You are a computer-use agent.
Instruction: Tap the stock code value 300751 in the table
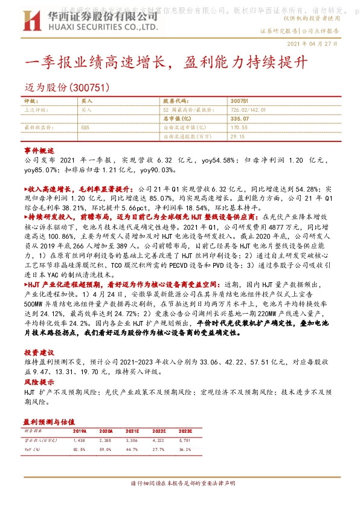tap(240, 102)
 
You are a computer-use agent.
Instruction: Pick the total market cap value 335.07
tap(240, 119)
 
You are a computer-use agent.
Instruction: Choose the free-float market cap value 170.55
tap(240, 128)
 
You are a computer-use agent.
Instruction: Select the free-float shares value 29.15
tap(238, 137)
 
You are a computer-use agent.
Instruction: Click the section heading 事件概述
tap(39, 150)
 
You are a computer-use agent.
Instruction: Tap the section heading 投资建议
tap(39, 352)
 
